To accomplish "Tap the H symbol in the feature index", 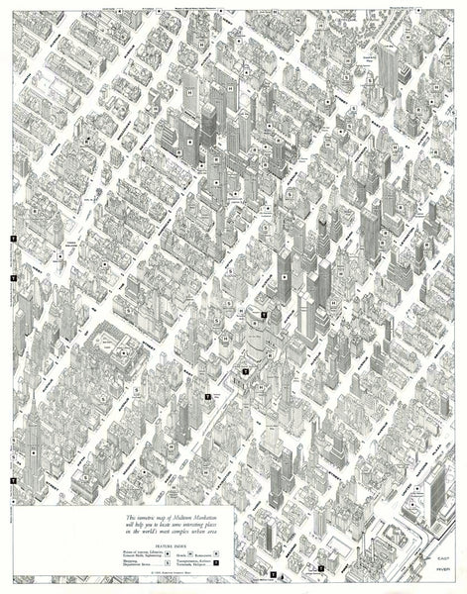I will [190, 553].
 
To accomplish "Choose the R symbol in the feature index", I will [216, 553].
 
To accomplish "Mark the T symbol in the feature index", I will [216, 562].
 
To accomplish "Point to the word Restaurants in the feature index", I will [202, 554].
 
